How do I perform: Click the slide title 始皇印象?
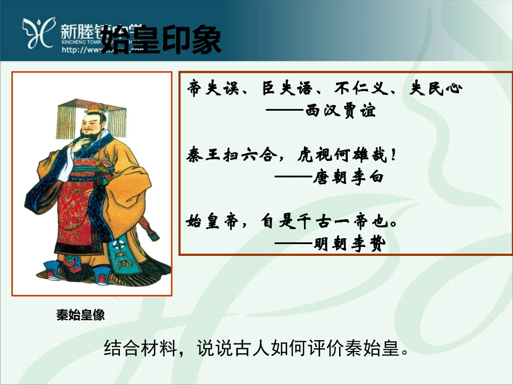pos(161,39)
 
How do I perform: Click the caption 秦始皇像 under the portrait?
pos(80,315)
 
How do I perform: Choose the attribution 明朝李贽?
pos(348,245)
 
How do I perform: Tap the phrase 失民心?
pos(436,89)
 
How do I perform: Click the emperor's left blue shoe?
pos(53,269)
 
